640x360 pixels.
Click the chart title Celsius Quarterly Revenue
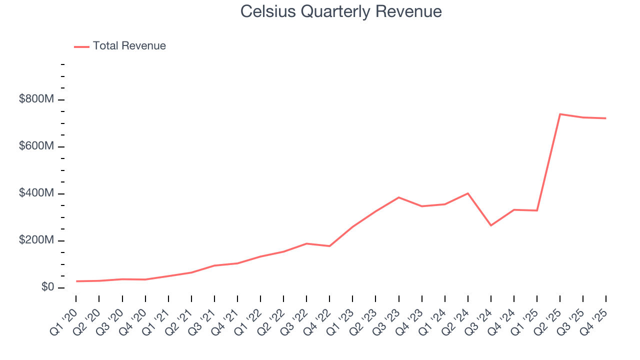[x=340, y=11]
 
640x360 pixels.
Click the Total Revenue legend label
[x=129, y=46]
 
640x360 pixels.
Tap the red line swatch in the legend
[x=81, y=46]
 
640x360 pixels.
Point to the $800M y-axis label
[x=36, y=99]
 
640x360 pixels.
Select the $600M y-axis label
[x=36, y=146]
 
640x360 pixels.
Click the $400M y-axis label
[x=36, y=193]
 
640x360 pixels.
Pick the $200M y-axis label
[x=36, y=240]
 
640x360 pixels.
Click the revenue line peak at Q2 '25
[x=560, y=114]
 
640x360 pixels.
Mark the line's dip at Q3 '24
[x=491, y=225]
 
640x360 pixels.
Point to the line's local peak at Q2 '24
[x=468, y=193]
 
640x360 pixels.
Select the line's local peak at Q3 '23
[x=398, y=197]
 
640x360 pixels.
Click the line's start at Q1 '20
[x=76, y=281]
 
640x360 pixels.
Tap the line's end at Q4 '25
[x=606, y=118]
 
